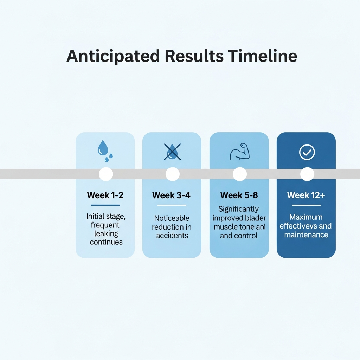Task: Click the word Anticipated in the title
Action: pos(113,56)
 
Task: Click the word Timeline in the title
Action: pos(262,56)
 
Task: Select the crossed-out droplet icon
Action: pos(172,152)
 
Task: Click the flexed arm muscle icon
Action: pos(240,152)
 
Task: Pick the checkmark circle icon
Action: pos(307,152)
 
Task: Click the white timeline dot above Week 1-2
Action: pos(106,174)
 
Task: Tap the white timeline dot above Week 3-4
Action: pos(172,174)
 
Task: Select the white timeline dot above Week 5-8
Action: pos(240,174)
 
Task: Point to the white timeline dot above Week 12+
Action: pos(307,174)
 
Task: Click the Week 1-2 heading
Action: pos(105,195)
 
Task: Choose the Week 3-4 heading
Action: pos(171,195)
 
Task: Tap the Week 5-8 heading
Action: pos(239,195)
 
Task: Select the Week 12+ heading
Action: pos(306,195)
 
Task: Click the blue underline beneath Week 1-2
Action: pos(105,205)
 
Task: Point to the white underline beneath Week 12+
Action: pos(306,205)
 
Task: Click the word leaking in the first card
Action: pos(106,234)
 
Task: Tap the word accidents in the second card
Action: pos(172,236)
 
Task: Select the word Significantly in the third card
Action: pos(239,209)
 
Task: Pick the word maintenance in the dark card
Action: pos(306,234)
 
